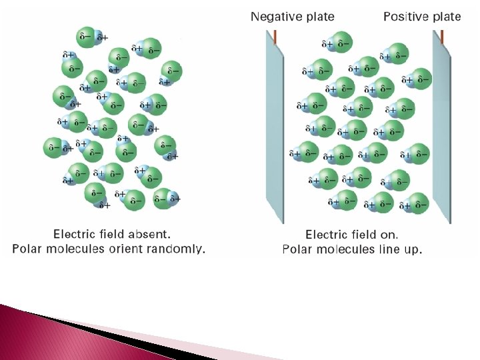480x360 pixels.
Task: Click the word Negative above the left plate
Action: (x=274, y=17)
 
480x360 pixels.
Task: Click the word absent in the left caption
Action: (x=153, y=234)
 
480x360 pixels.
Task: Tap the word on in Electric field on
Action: (x=389, y=234)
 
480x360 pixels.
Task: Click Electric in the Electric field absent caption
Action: (x=75, y=234)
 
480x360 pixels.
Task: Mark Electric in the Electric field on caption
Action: (x=327, y=234)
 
